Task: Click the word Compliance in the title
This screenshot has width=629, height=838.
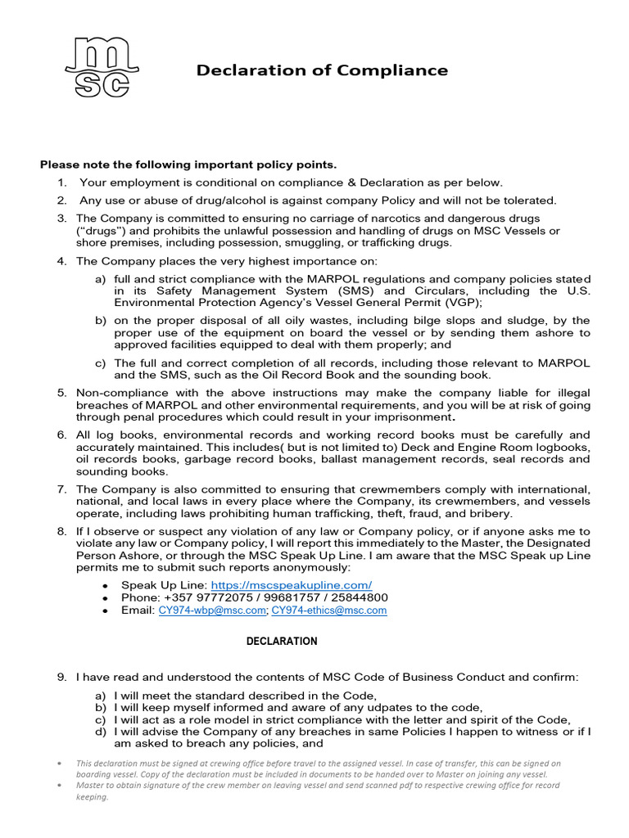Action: [x=395, y=70]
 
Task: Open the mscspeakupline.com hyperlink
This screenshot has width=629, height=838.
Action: [x=292, y=585]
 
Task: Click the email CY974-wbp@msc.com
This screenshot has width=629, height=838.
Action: [x=212, y=610]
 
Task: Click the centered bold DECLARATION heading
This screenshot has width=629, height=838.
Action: [x=282, y=641]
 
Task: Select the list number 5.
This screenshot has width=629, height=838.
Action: [x=61, y=393]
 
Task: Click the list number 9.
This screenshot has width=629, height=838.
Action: [x=61, y=677]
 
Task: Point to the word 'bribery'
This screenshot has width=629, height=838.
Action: [x=490, y=513]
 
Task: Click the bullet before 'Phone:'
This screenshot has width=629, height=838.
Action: [x=105, y=598]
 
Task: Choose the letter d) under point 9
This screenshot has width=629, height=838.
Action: [x=101, y=732]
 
